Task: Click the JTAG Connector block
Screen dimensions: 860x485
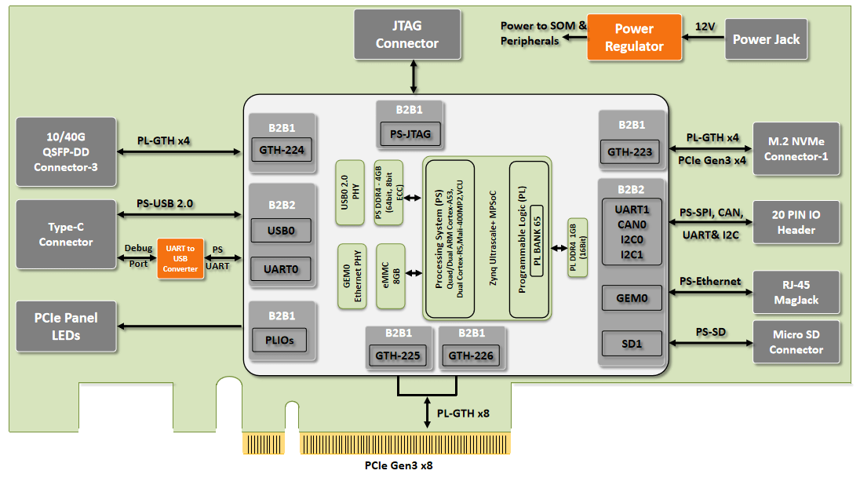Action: (x=407, y=35)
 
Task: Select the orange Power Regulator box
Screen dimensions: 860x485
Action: (x=634, y=38)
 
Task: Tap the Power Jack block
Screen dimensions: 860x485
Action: (x=766, y=39)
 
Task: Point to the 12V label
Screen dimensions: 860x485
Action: (x=705, y=27)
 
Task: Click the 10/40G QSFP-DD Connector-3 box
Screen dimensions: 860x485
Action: (x=66, y=152)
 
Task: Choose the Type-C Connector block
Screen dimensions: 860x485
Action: (x=66, y=235)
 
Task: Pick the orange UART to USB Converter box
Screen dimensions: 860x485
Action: (x=180, y=258)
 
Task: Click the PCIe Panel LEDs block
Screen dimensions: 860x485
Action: (x=66, y=326)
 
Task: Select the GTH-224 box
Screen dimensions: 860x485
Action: (x=282, y=150)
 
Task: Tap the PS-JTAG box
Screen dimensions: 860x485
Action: (x=410, y=134)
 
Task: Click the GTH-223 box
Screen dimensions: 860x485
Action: (x=629, y=152)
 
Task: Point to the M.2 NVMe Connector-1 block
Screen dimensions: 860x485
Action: (x=796, y=148)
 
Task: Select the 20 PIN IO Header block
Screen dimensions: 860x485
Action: (x=796, y=222)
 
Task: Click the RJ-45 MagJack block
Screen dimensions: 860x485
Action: (x=796, y=293)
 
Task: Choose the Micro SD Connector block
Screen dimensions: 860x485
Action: (x=796, y=342)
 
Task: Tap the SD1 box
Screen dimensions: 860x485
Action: (x=632, y=344)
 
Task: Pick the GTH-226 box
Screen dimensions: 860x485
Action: (x=471, y=356)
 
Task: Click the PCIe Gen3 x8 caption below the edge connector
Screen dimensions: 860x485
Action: (x=399, y=465)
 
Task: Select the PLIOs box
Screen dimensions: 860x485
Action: (x=279, y=340)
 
